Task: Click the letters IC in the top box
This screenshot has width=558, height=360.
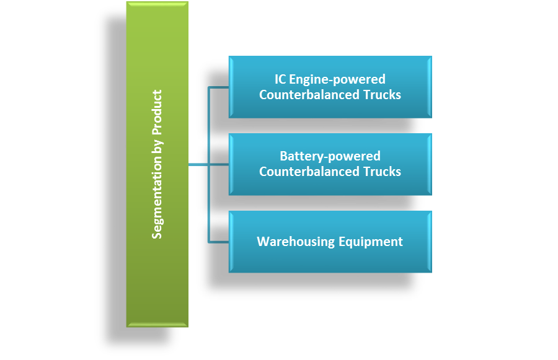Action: pyautogui.click(x=281, y=79)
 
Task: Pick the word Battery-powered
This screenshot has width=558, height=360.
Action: pyautogui.click(x=330, y=156)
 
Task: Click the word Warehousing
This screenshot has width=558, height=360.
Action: pyautogui.click(x=296, y=242)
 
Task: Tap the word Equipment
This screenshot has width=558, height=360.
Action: pyautogui.click(x=370, y=242)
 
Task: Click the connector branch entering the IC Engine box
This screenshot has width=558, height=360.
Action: pyautogui.click(x=218, y=87)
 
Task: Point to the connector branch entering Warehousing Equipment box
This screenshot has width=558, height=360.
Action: pyautogui.click(x=218, y=242)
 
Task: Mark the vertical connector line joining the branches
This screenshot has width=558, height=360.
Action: pyautogui.click(x=209, y=124)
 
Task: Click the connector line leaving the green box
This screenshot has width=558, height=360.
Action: pyautogui.click(x=198, y=164)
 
